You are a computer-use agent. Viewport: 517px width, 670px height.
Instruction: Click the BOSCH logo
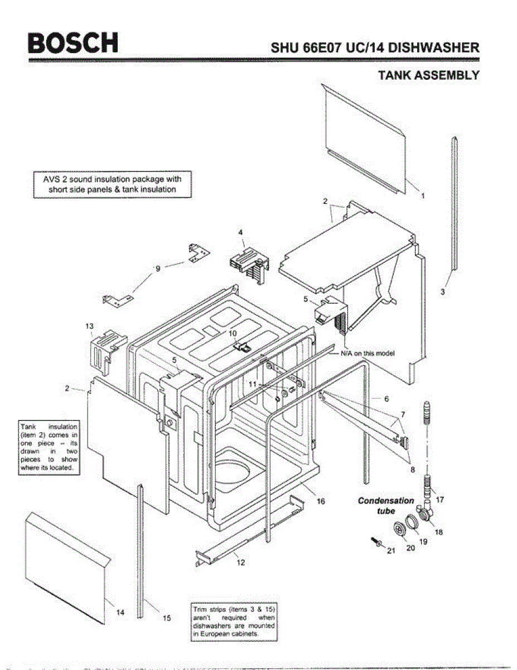pos(73,44)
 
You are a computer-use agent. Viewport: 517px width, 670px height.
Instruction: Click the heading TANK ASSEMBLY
pos(428,75)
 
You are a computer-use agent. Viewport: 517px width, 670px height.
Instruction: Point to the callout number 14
pos(120,612)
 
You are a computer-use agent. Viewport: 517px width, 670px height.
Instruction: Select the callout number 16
pos(321,501)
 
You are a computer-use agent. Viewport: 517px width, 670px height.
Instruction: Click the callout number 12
pos(240,562)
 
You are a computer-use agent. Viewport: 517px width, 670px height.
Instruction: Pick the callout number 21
pos(390,552)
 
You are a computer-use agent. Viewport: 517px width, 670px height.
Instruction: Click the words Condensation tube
pos(385,505)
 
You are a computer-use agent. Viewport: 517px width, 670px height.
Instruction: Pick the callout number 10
pos(233,333)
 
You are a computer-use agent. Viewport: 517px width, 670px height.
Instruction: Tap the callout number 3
pos(442,291)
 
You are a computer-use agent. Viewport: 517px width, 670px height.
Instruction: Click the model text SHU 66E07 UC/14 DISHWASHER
pos(375,47)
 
